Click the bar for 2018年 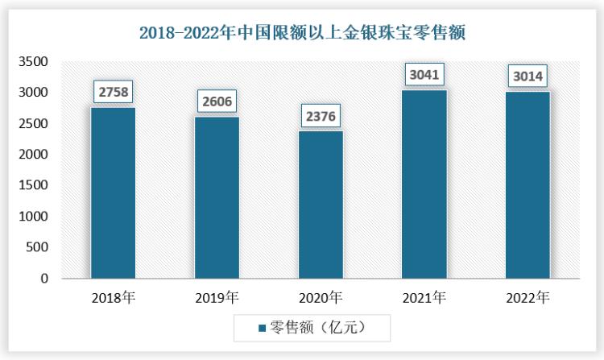click(x=113, y=193)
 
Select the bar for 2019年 click(x=217, y=198)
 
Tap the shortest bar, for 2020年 click(x=321, y=205)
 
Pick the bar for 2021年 click(x=424, y=184)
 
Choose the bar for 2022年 click(x=527, y=185)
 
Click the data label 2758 click(x=113, y=92)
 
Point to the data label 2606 click(x=217, y=101)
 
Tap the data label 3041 click(x=424, y=74)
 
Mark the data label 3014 click(x=527, y=77)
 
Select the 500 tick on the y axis click(x=37, y=248)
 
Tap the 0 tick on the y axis click(x=45, y=279)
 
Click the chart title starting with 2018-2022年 click(x=302, y=33)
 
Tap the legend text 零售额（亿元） click(x=319, y=328)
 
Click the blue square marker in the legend click(x=262, y=329)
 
